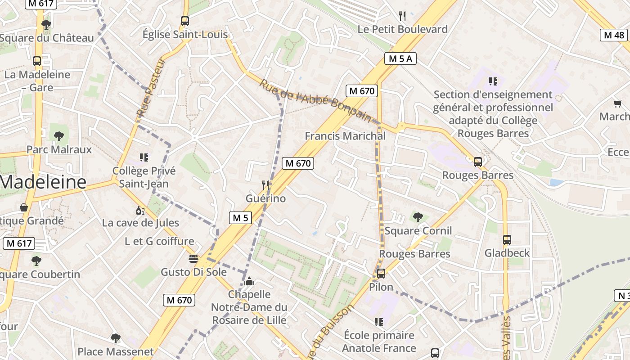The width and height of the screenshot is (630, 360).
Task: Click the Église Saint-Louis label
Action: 185,35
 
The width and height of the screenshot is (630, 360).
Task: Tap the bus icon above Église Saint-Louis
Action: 184,21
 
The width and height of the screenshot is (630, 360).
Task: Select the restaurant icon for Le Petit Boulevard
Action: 402,16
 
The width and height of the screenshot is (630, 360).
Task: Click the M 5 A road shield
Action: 400,58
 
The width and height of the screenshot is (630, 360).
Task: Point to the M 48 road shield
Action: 614,35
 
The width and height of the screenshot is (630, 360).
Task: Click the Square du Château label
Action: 47,38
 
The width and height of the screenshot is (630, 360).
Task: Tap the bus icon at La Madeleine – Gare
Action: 37,61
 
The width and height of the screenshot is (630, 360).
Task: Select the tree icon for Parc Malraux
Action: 58,136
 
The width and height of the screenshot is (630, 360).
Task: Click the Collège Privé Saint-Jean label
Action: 144,177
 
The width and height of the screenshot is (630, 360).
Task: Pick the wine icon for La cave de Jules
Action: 140,210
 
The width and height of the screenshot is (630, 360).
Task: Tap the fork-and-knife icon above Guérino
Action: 265,185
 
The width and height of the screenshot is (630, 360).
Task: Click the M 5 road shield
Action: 240,218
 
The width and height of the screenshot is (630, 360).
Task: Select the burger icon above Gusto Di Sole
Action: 193,259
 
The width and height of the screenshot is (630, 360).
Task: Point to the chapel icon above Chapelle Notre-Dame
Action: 250,282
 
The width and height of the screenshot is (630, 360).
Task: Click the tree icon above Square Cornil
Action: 418,217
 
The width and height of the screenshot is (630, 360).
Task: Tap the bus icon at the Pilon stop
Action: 381,273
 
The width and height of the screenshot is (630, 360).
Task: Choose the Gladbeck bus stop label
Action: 507,253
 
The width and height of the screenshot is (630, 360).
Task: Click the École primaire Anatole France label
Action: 379,342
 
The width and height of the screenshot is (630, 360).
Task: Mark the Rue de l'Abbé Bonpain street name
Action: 315,100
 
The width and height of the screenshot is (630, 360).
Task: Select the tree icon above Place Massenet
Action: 116,338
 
